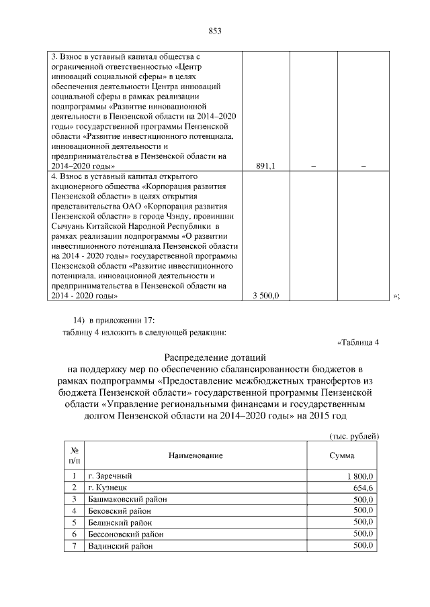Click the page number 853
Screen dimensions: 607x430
click(x=215, y=31)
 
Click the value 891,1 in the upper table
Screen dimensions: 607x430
click(x=267, y=166)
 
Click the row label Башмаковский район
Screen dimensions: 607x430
click(x=127, y=499)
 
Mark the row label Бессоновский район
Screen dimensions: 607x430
click(x=126, y=535)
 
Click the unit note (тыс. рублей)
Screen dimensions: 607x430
click(x=354, y=436)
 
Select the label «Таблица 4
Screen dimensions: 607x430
click(x=358, y=343)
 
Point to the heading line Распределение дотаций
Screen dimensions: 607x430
click(x=215, y=357)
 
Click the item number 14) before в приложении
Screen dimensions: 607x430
click(x=79, y=319)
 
